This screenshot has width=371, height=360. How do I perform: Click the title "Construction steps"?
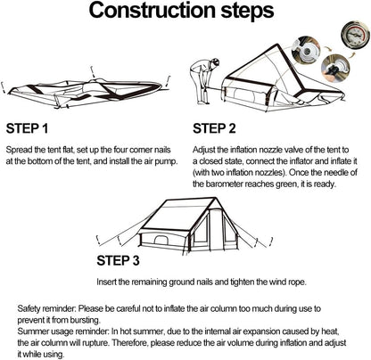click(181, 10)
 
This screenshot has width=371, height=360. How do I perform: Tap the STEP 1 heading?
click(27, 128)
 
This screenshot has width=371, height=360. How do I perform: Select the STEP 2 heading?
click(214, 128)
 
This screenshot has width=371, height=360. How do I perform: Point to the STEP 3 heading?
click(118, 260)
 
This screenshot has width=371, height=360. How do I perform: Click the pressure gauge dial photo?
click(355, 35)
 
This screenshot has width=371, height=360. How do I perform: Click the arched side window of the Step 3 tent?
click(161, 241)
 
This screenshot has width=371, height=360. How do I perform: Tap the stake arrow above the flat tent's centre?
click(94, 72)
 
